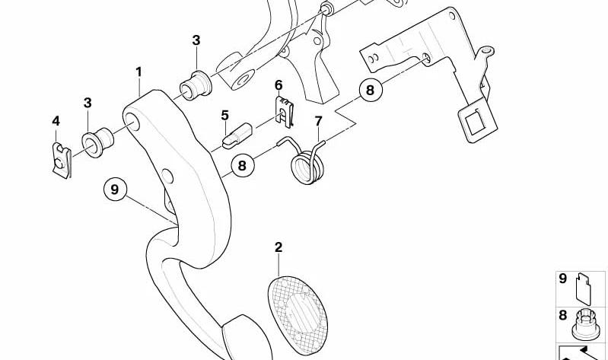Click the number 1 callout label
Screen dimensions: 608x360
(x=138, y=72)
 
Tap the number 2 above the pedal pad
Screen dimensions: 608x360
(x=279, y=247)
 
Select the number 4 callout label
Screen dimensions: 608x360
(x=56, y=121)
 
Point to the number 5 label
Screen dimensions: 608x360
(x=225, y=115)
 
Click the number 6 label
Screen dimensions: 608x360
(x=279, y=85)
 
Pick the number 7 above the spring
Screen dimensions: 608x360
(x=318, y=121)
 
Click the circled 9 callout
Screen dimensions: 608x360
(x=115, y=190)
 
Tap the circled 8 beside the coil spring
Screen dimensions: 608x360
(x=242, y=166)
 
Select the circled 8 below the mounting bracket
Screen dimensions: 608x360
(x=371, y=90)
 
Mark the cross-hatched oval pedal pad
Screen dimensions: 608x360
(x=298, y=314)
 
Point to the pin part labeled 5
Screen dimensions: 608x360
(x=237, y=135)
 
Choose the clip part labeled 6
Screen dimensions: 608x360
(x=285, y=112)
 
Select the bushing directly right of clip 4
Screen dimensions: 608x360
(x=97, y=142)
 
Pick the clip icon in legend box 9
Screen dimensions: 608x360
(x=584, y=288)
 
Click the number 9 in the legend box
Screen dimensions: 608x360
(x=562, y=279)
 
